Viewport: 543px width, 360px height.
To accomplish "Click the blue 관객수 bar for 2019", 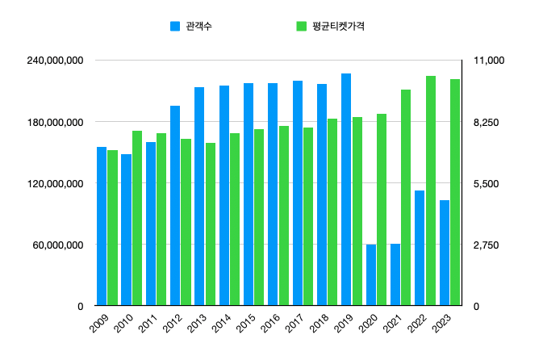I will point(346,190).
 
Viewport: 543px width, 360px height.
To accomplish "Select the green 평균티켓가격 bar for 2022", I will point(431,190).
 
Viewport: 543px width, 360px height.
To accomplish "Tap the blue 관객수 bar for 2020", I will point(370,275).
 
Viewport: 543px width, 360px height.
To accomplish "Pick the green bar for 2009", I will point(113,228).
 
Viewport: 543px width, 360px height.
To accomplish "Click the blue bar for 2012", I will point(175,206).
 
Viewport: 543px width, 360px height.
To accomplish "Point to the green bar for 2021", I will point(407,198).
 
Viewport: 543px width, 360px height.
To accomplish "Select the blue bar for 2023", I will point(444,253).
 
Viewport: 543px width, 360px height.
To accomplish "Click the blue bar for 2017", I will point(297,193).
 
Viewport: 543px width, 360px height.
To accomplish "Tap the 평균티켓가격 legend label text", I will point(338,26).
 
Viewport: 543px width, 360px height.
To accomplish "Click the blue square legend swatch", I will point(175,26).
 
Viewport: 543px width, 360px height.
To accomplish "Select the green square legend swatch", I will point(301,26).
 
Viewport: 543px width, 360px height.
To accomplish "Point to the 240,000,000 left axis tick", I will point(57,61).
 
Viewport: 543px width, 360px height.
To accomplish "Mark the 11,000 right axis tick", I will point(489,61).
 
